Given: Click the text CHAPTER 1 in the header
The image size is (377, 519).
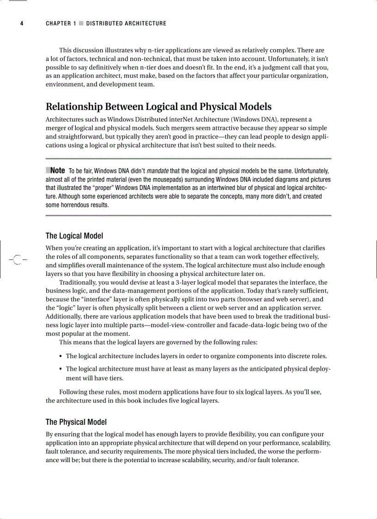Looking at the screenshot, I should point(61,24).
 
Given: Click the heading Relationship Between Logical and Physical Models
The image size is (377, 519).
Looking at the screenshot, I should point(158,107).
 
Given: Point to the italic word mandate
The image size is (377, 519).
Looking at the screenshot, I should point(158,171).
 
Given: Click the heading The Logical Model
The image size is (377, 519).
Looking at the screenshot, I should point(74,236).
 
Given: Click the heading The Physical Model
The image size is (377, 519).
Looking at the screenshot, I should point(76,422).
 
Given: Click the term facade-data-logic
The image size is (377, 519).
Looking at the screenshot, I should point(274,325).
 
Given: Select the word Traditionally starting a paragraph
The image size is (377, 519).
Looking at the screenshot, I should point(78,282).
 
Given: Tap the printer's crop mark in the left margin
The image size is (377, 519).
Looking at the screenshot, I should point(18,260).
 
